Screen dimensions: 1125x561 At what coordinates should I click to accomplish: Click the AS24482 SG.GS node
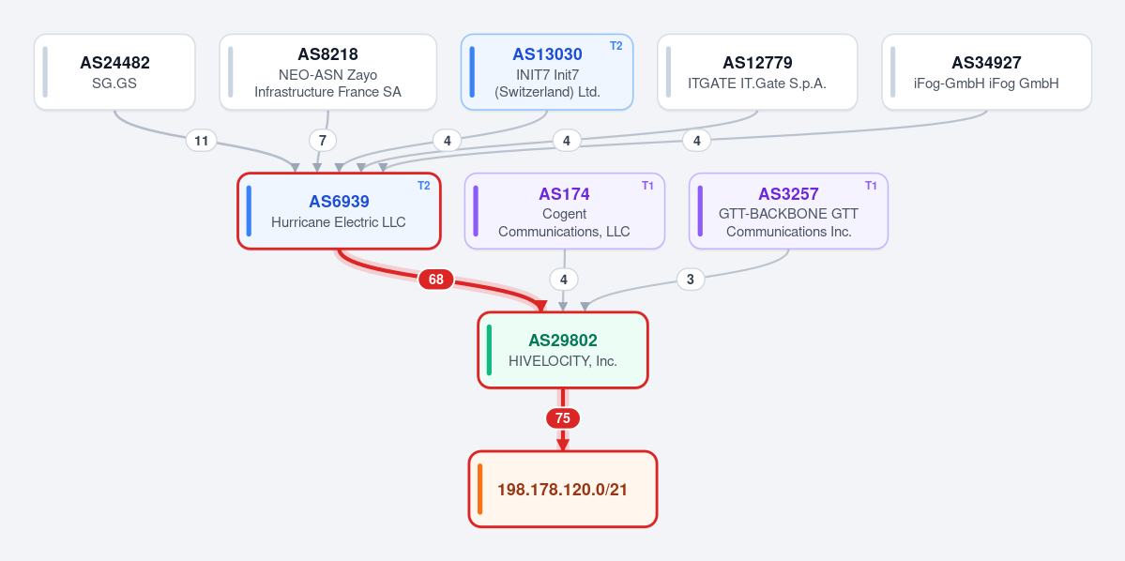114,72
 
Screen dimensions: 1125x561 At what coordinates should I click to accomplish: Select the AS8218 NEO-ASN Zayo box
327,72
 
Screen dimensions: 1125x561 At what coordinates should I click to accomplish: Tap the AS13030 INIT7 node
547,72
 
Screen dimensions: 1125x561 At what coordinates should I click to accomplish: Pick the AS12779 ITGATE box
757,72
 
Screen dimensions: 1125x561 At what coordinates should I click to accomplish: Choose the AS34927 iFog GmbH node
986,72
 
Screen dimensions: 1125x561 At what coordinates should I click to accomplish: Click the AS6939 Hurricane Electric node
339,211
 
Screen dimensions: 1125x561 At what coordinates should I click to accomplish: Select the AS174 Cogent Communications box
565,211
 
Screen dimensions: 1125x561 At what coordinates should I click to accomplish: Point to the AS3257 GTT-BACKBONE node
788,211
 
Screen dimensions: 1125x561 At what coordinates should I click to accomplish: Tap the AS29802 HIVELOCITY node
563,350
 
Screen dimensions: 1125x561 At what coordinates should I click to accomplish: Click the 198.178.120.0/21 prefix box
563,490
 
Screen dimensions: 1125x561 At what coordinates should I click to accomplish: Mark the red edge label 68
436,280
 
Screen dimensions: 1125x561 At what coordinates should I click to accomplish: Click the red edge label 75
563,418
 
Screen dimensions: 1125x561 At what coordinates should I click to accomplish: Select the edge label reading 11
202,141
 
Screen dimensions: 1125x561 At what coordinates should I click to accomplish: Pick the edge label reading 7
323,141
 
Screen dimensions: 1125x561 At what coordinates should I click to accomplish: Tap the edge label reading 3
691,280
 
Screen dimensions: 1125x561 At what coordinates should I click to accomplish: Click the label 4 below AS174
563,280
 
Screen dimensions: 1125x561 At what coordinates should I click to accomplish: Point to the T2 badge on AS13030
616,46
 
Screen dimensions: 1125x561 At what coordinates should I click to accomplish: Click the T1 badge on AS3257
871,186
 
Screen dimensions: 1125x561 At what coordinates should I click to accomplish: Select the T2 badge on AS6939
424,186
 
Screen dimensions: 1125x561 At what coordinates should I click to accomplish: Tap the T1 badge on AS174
647,186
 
